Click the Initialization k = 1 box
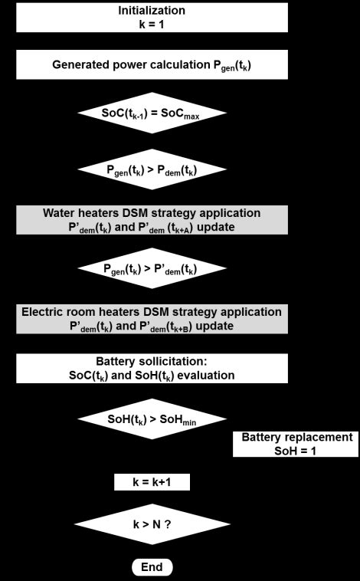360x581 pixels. tap(151, 17)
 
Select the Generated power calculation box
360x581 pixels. tap(151, 64)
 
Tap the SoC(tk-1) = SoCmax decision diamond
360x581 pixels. tap(152, 113)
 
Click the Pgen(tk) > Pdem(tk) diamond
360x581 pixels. tap(152, 169)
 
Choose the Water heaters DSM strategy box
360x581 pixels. tap(151, 219)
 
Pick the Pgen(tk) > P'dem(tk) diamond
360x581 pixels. tap(152, 268)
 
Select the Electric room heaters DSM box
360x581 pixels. tap(151, 319)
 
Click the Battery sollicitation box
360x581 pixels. tap(151, 369)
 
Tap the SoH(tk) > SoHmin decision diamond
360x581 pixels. tap(152, 419)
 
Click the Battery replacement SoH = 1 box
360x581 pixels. tap(296, 444)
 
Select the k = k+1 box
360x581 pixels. tap(152, 481)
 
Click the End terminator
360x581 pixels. tap(152, 567)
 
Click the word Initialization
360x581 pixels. tap(152, 11)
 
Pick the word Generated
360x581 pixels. tap(80, 64)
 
